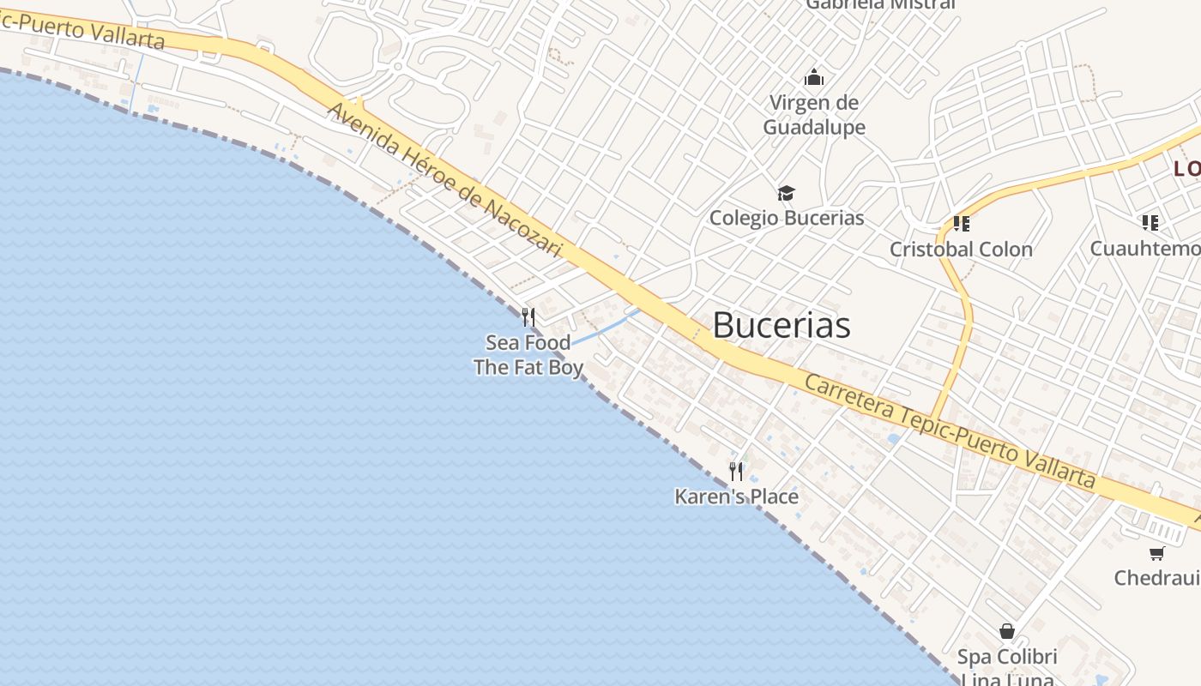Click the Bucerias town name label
point(782,325)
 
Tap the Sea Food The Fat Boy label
point(528,355)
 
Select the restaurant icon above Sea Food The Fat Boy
point(528,317)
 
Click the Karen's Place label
point(736,496)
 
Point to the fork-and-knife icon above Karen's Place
point(736,471)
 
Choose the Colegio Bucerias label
point(787,218)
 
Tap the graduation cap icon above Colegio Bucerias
point(787,193)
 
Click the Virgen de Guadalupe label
point(813,115)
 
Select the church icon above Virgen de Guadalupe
point(814,78)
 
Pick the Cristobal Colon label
point(961,250)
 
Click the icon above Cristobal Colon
point(962,224)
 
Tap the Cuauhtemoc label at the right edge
point(1145,249)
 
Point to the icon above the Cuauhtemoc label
point(1150,223)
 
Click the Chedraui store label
point(1156,578)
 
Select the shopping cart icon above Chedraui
point(1157,553)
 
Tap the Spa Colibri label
point(1007,658)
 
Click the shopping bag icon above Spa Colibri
point(1007,632)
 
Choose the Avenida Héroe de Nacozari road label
point(444,180)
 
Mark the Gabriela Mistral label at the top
point(880,4)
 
